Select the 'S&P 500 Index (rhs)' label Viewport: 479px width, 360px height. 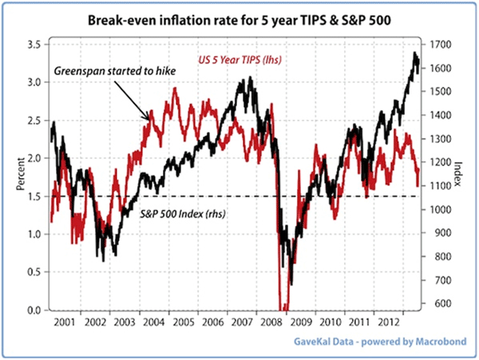coord(188,213)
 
